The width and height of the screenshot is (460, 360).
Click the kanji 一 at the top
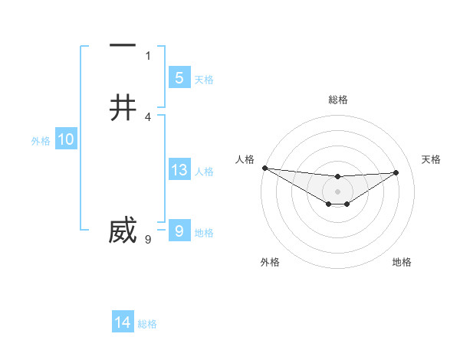point(123,46)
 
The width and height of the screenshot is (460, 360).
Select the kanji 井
point(123,107)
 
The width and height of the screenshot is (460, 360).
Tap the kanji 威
point(123,230)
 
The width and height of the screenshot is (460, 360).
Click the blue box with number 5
point(179,77)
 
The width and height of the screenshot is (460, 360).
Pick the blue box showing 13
point(179,170)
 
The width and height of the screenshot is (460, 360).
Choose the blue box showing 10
point(66,139)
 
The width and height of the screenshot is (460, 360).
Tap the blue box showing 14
point(123,322)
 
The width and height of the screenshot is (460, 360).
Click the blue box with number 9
point(179,231)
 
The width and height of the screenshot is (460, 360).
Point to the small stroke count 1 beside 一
point(148,55)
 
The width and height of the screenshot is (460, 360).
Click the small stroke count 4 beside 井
point(148,116)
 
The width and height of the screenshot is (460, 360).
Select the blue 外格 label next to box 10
point(41,141)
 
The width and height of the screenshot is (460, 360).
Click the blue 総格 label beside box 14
point(147,324)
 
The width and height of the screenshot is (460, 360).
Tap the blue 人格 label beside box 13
point(205,172)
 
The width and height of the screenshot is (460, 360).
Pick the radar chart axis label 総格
point(337,100)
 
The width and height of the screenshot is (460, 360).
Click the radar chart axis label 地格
point(402,262)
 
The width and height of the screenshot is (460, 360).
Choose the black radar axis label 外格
point(270,262)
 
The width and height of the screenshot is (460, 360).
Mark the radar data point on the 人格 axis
point(264,168)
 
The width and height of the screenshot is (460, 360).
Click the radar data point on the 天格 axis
point(396,172)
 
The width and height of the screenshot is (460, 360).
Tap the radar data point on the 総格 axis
point(337,177)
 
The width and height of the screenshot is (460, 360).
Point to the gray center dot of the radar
point(337,191)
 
